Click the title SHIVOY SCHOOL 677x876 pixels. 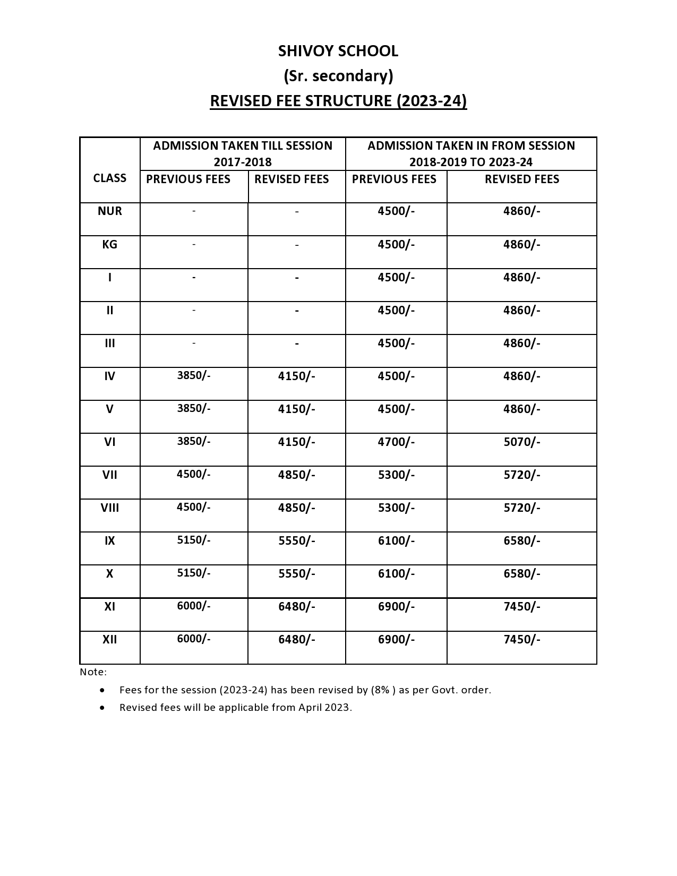coord(338,51)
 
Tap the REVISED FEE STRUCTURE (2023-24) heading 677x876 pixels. coord(338,101)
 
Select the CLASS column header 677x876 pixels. coord(110,178)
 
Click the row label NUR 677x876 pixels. coord(110,211)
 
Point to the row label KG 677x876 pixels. coord(110,244)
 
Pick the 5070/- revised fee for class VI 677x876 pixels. coord(521,442)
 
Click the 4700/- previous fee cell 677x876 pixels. coord(396,442)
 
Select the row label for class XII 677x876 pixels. coord(110,639)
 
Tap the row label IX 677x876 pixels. coord(110,540)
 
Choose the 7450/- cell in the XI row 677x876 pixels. coord(521,606)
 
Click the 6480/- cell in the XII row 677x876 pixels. coord(296,639)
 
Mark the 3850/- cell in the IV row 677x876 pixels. coord(194,375)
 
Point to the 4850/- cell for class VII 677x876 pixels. coord(296,475)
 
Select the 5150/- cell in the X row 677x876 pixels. coord(194,573)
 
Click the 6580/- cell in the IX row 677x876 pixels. coord(521,540)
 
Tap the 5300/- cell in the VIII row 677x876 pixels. coord(396,508)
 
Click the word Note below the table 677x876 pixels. coord(93,672)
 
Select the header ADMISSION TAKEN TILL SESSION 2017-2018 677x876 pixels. coord(243,153)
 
